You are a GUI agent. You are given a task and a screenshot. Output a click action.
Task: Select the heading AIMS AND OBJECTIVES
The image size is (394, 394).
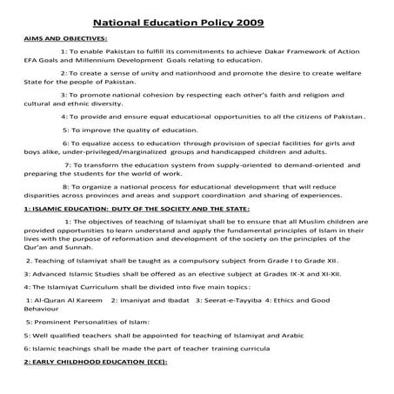(x=66, y=40)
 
